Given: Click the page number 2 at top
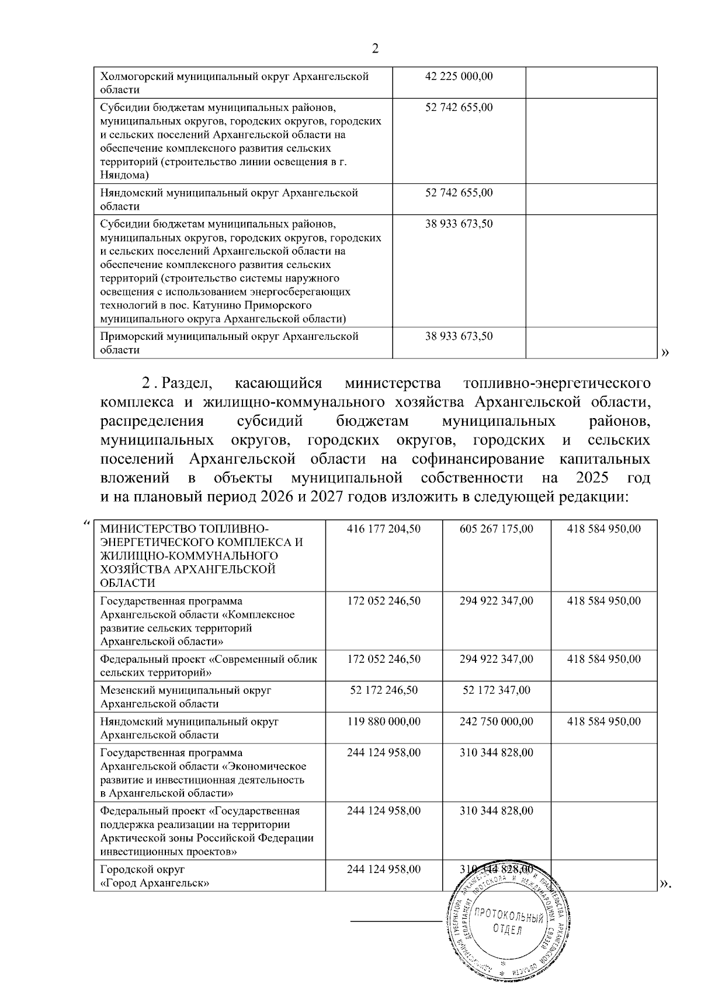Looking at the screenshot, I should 375,49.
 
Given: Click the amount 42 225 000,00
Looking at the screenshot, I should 459,77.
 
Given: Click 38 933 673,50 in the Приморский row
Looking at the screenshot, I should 459,336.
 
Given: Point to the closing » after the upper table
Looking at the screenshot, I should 664,352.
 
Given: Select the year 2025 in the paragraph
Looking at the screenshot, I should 592,478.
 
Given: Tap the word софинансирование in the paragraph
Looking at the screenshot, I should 478,459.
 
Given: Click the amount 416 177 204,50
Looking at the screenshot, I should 384,529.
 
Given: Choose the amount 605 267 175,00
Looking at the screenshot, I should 497,529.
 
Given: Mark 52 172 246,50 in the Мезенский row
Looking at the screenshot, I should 384,690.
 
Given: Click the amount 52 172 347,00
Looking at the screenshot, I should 497,690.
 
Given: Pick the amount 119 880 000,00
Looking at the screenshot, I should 384,722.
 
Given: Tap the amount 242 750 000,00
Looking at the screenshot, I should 497,722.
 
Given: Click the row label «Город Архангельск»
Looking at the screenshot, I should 155,883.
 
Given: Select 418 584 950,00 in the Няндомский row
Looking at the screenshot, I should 604,722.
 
